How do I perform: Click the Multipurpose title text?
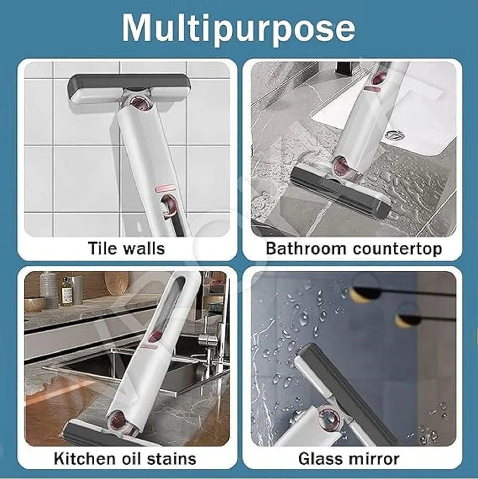click(x=239, y=28)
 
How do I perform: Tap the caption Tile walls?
click(x=126, y=248)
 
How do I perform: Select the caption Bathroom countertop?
click(x=354, y=248)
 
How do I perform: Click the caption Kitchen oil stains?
click(x=126, y=458)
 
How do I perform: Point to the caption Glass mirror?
click(x=349, y=458)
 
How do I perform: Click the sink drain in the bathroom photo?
click(x=395, y=134)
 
